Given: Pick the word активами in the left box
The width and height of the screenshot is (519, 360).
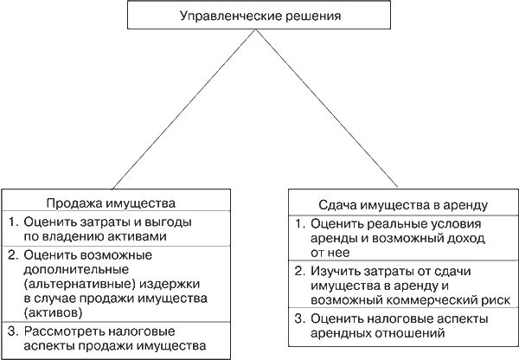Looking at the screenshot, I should pyautogui.click(x=140, y=235).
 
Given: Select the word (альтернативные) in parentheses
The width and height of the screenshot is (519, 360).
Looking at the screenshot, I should pyautogui.click(x=68, y=283).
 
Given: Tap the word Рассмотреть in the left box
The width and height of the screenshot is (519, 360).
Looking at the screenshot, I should pyautogui.click(x=62, y=331).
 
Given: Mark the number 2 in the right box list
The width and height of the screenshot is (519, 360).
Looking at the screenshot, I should pyautogui.click(x=297, y=271).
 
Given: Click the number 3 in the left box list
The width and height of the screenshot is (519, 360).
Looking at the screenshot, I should pyautogui.click(x=10, y=331).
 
